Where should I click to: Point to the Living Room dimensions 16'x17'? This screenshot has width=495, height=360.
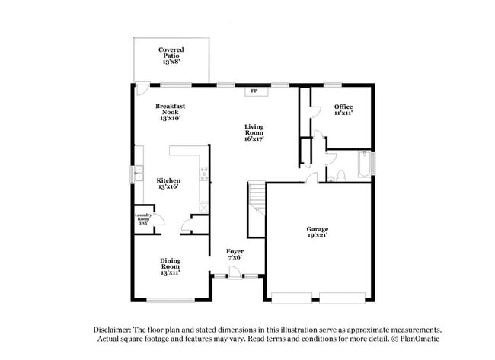point(254,139)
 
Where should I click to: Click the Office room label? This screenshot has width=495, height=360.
point(343,107)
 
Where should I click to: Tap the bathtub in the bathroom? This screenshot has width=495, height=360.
point(364,164)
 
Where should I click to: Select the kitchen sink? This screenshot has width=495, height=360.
point(139,175)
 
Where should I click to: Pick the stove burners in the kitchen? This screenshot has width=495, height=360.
point(203,175)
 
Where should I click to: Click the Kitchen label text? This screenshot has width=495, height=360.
point(168,180)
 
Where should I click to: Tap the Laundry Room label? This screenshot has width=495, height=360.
point(144,217)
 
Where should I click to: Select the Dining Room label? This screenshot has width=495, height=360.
point(170,263)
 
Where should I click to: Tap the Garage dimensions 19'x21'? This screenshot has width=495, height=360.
point(317,235)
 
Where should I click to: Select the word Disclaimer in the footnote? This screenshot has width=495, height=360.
point(113,329)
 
